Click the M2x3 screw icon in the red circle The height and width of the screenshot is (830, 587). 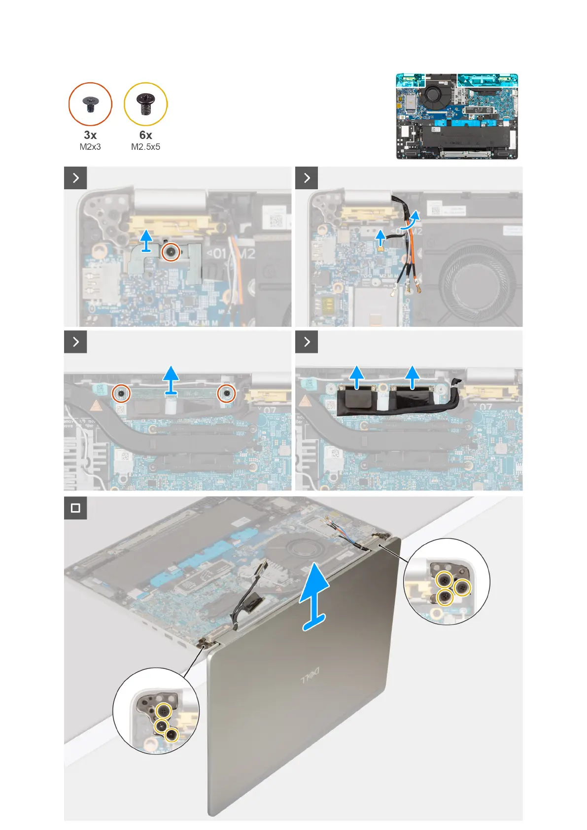[90, 104]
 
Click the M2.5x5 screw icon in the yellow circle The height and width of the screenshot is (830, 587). [146, 104]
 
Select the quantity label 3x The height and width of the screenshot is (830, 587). [90, 135]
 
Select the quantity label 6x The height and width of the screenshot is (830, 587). [146, 135]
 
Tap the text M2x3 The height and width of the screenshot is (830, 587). [90, 147]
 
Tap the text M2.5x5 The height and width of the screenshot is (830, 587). [146, 147]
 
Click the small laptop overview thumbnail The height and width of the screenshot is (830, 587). [457, 116]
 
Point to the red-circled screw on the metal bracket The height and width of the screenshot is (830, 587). [171, 252]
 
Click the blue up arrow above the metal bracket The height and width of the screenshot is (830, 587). [146, 241]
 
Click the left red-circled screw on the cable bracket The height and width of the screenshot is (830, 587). [121, 393]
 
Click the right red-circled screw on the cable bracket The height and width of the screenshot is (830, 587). [227, 393]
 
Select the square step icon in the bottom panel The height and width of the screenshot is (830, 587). [75, 508]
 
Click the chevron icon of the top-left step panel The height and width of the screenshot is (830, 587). [75, 178]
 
